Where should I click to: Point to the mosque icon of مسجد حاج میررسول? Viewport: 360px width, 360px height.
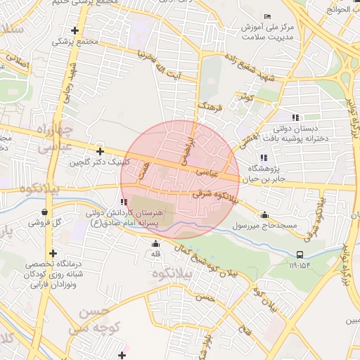point(264,215)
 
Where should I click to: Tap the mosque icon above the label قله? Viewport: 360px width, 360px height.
point(155,244)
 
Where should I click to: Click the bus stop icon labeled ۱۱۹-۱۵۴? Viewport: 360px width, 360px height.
point(300,255)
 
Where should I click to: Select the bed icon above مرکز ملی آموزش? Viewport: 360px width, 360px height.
point(266,16)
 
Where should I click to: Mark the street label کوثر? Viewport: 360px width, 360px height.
point(244,96)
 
